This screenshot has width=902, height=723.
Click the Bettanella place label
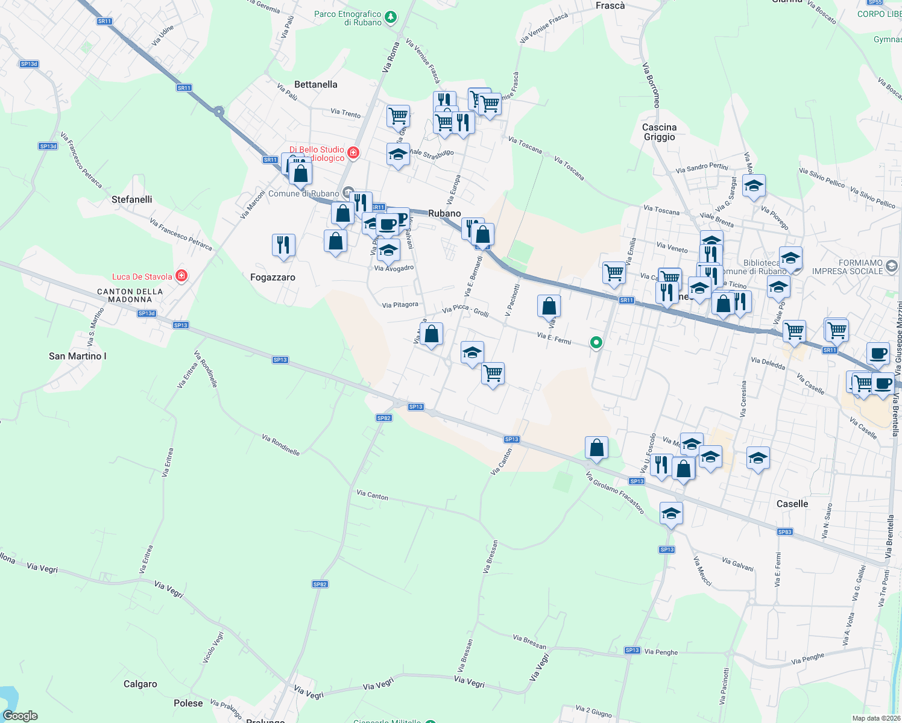pyautogui.click(x=315, y=84)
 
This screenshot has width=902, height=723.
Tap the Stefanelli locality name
pyautogui.click(x=132, y=199)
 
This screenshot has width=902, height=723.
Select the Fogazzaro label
pyautogui.click(x=273, y=277)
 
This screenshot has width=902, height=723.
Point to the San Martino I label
pyautogui.click(x=78, y=356)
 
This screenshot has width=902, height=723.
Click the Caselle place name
pyautogui.click(x=792, y=504)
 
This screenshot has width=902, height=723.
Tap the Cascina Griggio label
pyautogui.click(x=659, y=132)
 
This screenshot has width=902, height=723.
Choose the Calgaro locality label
pyautogui.click(x=140, y=684)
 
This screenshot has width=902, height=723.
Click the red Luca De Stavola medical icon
pyautogui.click(x=181, y=276)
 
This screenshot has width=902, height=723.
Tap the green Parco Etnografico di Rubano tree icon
pyautogui.click(x=391, y=17)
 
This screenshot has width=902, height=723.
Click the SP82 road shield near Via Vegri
pyautogui.click(x=320, y=584)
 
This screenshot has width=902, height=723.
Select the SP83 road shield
pyautogui.click(x=784, y=531)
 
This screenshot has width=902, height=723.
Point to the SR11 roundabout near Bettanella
pyautogui.click(x=218, y=111)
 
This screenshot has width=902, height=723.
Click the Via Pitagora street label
pyautogui.click(x=400, y=305)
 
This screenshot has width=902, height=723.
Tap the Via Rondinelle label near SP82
pyautogui.click(x=281, y=445)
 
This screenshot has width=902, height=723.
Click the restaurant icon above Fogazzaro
pyautogui.click(x=283, y=245)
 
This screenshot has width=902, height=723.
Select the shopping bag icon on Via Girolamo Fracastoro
pyautogui.click(x=596, y=448)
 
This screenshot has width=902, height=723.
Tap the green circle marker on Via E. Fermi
pyautogui.click(x=596, y=342)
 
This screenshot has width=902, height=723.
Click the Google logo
pyautogui.click(x=20, y=716)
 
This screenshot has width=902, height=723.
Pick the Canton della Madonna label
pyautogui.click(x=130, y=295)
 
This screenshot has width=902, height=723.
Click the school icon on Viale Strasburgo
pyautogui.click(x=398, y=155)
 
